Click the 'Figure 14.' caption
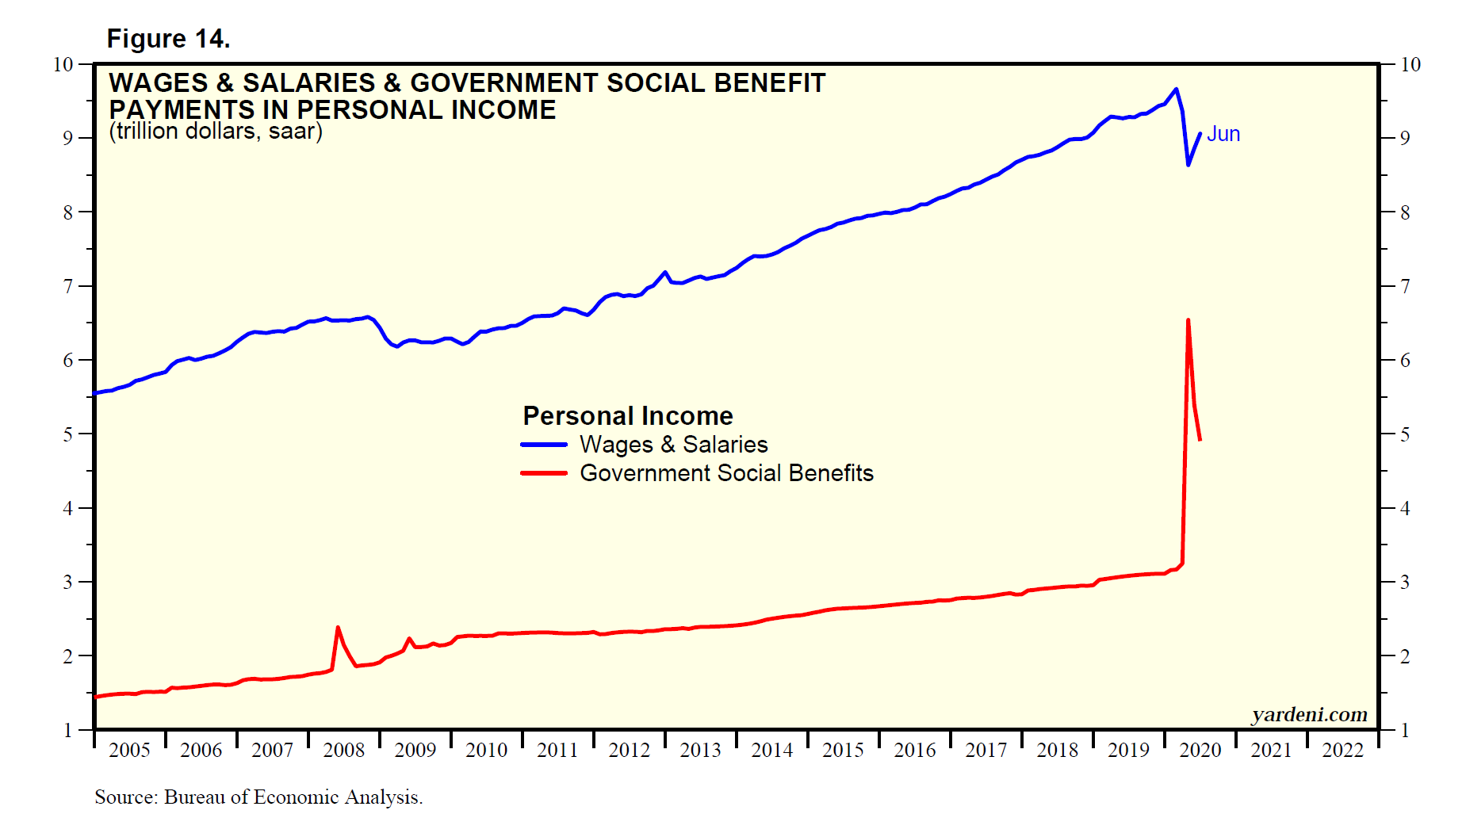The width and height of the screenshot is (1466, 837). click(168, 39)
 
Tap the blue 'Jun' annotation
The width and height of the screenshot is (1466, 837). click(1223, 134)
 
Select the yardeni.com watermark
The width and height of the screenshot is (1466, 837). click(1309, 715)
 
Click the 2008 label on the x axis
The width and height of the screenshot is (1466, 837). click(343, 750)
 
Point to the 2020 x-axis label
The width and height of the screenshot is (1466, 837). click(1200, 750)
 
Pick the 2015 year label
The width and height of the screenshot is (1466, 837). click(843, 750)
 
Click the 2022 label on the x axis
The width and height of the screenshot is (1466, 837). click(1342, 750)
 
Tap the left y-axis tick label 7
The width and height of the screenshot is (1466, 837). click(68, 286)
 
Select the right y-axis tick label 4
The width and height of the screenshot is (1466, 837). click(1405, 508)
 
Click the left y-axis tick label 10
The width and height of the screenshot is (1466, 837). click(63, 64)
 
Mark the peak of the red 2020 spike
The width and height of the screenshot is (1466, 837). click(1188, 320)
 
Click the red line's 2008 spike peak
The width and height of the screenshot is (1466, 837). click(338, 628)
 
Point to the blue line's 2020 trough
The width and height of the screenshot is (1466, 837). click(1188, 165)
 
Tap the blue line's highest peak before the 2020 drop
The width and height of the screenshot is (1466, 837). click(1176, 89)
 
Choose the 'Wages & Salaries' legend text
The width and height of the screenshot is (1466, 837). click(673, 445)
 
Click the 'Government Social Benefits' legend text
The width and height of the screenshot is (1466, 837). click(726, 473)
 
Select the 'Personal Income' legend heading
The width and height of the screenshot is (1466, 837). click(628, 416)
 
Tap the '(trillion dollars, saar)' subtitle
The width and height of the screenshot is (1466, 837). click(216, 131)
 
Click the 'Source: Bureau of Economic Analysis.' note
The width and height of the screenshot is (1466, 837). click(258, 797)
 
